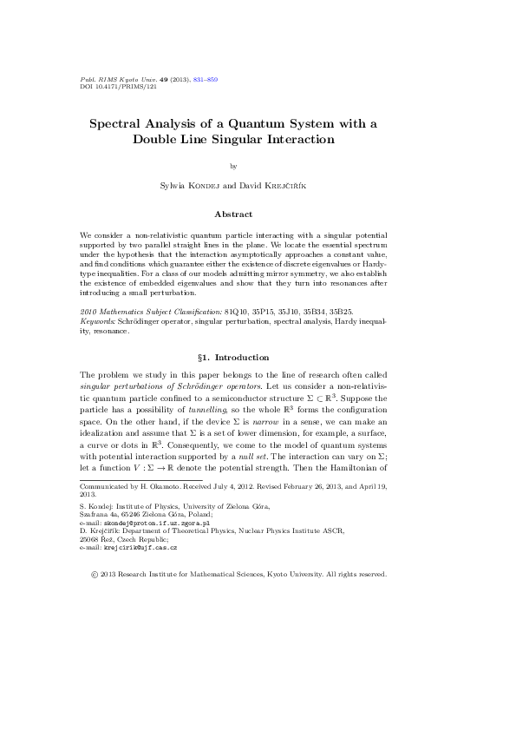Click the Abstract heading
233,214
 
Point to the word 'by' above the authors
233,165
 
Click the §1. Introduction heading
233,358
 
